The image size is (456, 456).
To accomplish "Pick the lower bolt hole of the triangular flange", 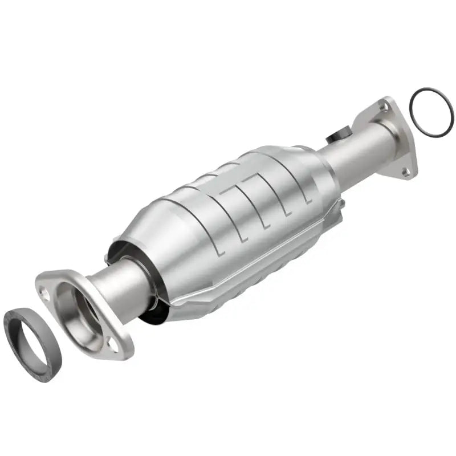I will (405, 170).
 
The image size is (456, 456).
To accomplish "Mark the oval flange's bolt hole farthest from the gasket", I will (114, 345).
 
